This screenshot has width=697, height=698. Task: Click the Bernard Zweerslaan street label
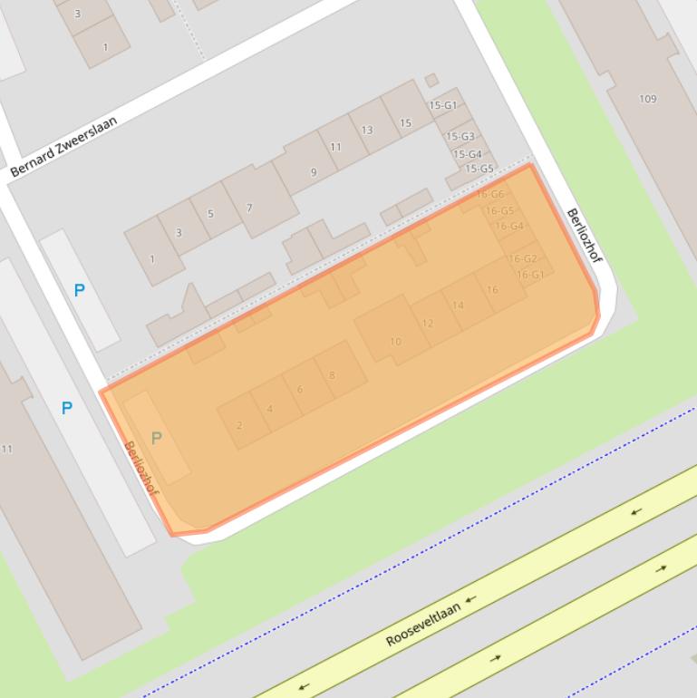(x=63, y=146)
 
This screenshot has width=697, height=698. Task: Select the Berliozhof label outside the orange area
(x=585, y=238)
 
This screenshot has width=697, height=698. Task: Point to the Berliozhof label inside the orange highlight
(x=141, y=469)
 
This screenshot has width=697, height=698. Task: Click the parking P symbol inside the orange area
(x=156, y=438)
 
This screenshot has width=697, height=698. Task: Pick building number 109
(x=647, y=99)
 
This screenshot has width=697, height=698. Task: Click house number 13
(x=367, y=131)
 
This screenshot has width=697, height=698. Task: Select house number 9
(x=314, y=171)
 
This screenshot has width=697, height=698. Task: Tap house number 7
(x=249, y=208)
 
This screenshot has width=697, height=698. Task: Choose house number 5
(x=210, y=214)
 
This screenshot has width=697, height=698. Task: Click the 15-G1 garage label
(x=442, y=105)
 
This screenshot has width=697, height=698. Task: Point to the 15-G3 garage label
(x=460, y=137)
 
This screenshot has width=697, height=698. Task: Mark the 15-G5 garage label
(x=479, y=169)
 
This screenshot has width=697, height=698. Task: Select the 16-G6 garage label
(x=489, y=194)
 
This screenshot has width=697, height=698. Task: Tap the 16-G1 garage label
(x=529, y=275)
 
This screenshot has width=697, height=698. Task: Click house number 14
(x=459, y=305)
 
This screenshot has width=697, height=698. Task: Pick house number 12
(x=428, y=323)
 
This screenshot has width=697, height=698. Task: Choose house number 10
(x=395, y=342)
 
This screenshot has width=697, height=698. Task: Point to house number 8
(x=333, y=374)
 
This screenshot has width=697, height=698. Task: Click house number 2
(x=239, y=425)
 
